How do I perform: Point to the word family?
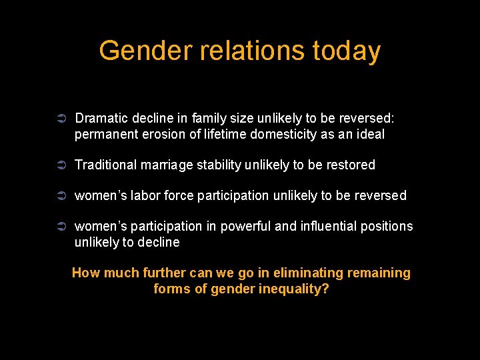(209, 119)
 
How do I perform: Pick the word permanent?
(104, 134)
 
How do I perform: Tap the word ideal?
(369, 134)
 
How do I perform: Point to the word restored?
(351, 165)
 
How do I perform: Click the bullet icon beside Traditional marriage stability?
(59, 165)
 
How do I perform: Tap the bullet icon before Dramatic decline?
(59, 119)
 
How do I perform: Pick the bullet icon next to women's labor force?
(59, 195)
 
